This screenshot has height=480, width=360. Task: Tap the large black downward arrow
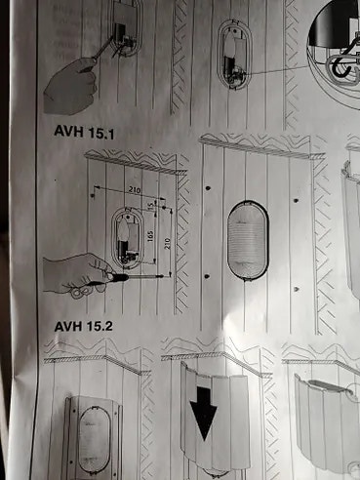(x=204, y=417)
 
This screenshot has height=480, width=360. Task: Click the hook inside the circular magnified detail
(x=342, y=68)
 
